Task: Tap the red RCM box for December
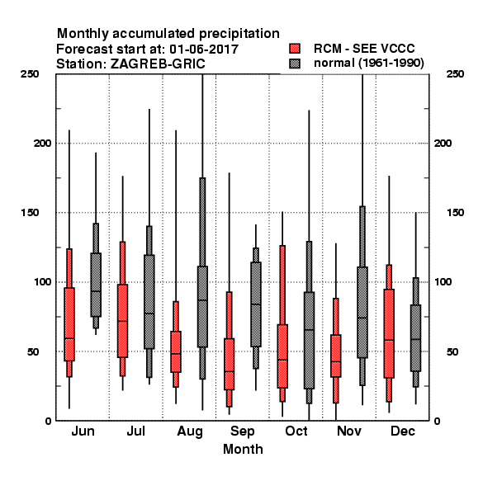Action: (389, 333)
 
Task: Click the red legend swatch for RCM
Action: (295, 49)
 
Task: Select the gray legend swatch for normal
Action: (295, 64)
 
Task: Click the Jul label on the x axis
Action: (136, 431)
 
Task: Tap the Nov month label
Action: (349, 431)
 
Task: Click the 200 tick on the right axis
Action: (443, 143)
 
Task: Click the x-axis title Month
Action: (243, 449)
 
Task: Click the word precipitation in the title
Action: (239, 34)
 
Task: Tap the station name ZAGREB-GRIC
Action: (158, 64)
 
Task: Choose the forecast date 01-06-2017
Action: (204, 49)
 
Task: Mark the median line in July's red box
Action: (122, 321)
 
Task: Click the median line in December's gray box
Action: (416, 339)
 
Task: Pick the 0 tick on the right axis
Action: (437, 421)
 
